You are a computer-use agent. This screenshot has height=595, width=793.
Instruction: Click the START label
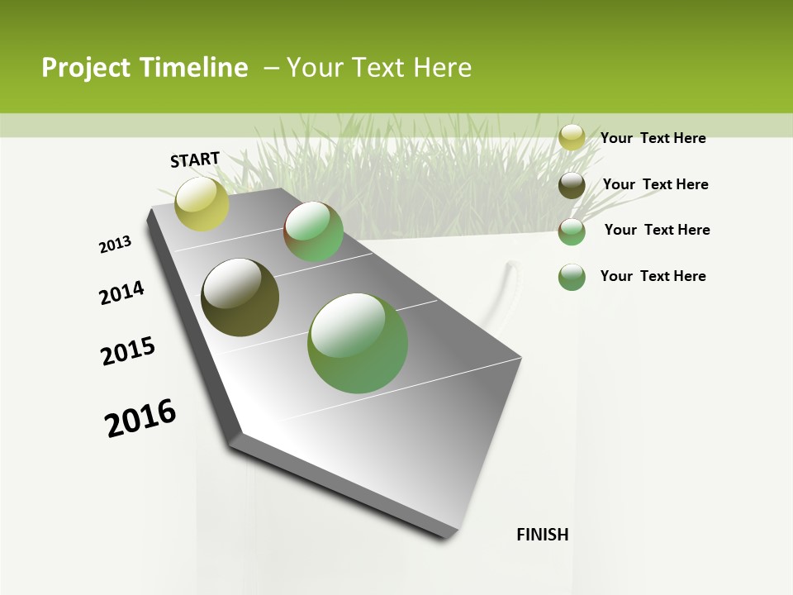[195, 159]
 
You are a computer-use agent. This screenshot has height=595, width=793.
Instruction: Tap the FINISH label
[543, 535]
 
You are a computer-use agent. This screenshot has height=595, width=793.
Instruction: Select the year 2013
[116, 245]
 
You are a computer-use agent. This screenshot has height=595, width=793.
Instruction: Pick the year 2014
[122, 293]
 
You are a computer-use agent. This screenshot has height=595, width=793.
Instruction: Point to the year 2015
[128, 351]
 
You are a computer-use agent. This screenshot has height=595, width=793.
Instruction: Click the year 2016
[140, 417]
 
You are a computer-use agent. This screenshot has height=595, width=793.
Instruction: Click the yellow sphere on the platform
[202, 203]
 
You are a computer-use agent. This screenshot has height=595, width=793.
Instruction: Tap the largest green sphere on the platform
[358, 343]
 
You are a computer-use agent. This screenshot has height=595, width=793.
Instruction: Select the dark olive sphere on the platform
[240, 297]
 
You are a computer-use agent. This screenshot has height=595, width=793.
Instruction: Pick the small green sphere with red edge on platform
[314, 231]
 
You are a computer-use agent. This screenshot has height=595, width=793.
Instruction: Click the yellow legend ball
[572, 138]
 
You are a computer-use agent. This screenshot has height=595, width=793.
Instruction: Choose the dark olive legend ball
[572, 185]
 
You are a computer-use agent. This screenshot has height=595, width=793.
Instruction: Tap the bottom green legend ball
[572, 277]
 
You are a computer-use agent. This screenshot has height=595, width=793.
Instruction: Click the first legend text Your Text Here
[653, 138]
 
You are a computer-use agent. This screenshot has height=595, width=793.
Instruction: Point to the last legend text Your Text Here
[653, 276]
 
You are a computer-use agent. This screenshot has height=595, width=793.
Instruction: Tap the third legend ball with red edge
[572, 231]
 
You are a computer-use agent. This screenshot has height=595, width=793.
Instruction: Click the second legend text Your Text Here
[655, 184]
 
